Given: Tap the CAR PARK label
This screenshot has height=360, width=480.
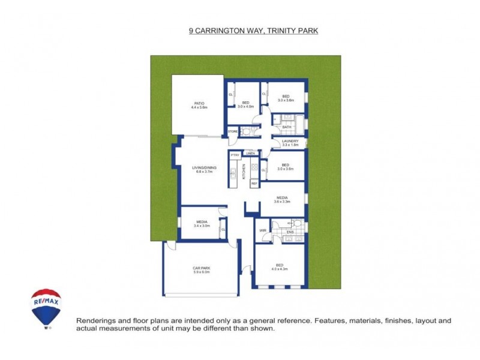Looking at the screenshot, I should [x=201, y=268].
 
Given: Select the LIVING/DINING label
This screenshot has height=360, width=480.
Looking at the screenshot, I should [x=204, y=167].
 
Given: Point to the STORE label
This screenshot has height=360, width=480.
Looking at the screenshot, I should [x=232, y=131].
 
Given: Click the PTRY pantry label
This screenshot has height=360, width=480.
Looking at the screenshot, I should [x=235, y=155].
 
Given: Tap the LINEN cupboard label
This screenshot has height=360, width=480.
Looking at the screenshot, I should [x=251, y=154].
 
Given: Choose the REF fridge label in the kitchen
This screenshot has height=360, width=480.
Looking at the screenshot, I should [x=254, y=183].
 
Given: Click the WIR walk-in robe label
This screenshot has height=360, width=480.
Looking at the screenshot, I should [x=262, y=230].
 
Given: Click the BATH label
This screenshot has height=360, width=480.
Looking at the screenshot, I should [x=287, y=127].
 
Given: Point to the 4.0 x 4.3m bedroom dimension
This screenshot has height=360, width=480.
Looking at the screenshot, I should [x=280, y=269].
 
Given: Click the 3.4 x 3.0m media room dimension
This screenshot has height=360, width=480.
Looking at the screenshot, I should [x=201, y=226].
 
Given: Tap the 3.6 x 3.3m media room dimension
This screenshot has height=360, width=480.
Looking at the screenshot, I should [x=282, y=202].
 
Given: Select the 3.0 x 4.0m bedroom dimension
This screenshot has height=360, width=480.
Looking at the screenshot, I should [x=245, y=106].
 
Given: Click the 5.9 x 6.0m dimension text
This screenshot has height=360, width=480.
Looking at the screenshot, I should [x=201, y=272].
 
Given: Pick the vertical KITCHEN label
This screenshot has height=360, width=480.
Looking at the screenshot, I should [x=244, y=172].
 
